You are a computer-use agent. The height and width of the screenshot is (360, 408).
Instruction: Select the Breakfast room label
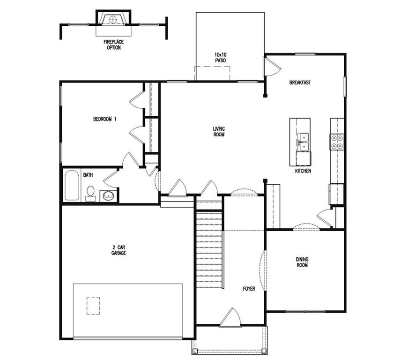pos(300,82)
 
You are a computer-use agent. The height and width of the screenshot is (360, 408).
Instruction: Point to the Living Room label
pos(219,132)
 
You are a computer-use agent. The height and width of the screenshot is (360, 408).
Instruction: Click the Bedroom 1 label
pos(105,120)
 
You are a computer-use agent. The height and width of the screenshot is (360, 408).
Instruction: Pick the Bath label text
pos(88,175)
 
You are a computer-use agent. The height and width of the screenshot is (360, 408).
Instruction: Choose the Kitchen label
pos(303,171)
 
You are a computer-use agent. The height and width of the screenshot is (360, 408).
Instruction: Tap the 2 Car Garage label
pos(119,250)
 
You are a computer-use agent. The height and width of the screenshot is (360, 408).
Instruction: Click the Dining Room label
pos(302,262)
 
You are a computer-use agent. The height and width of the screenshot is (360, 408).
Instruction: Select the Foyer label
pos(249,289)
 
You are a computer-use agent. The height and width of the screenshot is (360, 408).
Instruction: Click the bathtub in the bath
pos(72,186)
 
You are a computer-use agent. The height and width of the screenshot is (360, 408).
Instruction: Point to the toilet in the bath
pos(91,193)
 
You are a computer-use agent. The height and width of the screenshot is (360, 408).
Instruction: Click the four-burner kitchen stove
pos(337,141)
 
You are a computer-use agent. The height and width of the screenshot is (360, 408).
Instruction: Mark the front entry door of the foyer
pos(230,318)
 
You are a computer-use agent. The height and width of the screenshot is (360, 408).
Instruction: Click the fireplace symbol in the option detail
pos(112,19)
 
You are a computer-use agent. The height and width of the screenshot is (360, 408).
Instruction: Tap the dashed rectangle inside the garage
pos(93,305)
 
